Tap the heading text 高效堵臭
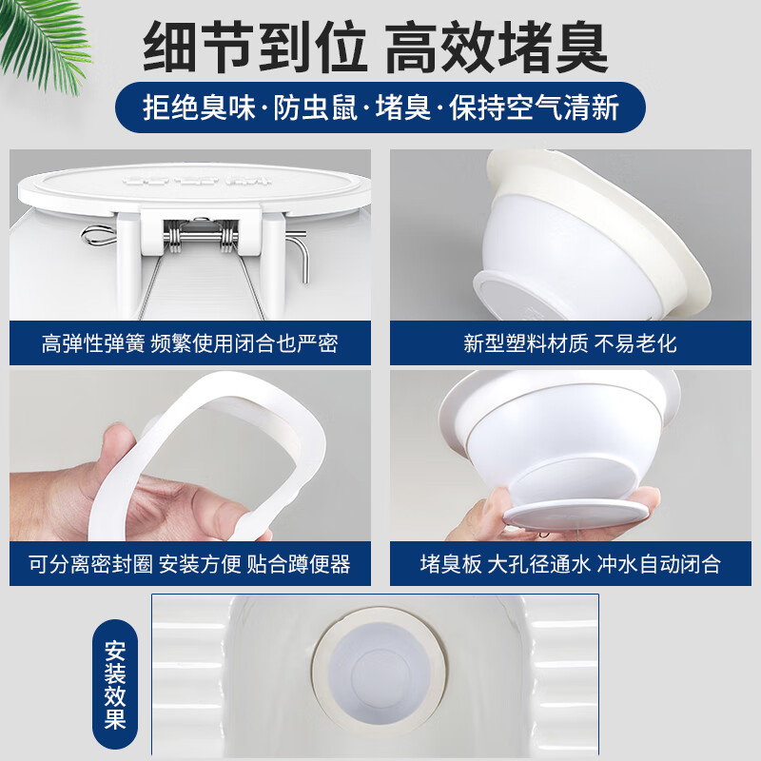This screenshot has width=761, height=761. (x=496, y=48)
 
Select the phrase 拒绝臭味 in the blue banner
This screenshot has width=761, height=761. (x=199, y=107)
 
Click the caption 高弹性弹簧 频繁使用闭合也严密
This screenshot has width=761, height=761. (x=190, y=343)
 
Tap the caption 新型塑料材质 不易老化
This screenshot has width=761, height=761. (x=570, y=343)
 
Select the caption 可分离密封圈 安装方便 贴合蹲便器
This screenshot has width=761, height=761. (x=190, y=564)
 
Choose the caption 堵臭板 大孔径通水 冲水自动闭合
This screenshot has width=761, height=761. (x=570, y=564)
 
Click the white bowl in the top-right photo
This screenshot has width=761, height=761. (x=561, y=238)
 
